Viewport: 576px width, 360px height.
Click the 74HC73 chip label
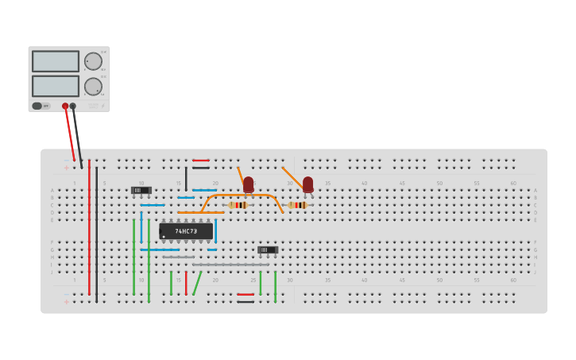coord(186,231)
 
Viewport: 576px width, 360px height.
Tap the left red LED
coord(248,184)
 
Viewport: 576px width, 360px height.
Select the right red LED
coord(307,184)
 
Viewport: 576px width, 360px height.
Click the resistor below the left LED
coord(238,205)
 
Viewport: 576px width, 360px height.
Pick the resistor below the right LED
coord(297,205)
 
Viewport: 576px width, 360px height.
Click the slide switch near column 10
coord(141,190)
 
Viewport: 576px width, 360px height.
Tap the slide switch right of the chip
coord(268,250)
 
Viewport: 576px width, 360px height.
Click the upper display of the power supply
coord(55,61)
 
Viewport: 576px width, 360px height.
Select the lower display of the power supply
coord(55,85)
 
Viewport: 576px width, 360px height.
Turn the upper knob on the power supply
coord(93,61)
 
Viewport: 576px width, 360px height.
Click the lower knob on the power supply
coord(93,86)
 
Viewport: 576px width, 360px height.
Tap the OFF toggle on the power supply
coord(37,106)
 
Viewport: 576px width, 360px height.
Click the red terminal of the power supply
coord(65,106)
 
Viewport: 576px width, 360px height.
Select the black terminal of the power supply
coord(73,106)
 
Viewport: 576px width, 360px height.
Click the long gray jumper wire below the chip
coord(230,265)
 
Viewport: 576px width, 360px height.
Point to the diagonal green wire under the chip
coord(196,284)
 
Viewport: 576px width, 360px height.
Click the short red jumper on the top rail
coord(200,161)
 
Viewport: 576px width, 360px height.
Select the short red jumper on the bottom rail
coord(245,294)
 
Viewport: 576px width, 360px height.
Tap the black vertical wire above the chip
coord(186,179)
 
